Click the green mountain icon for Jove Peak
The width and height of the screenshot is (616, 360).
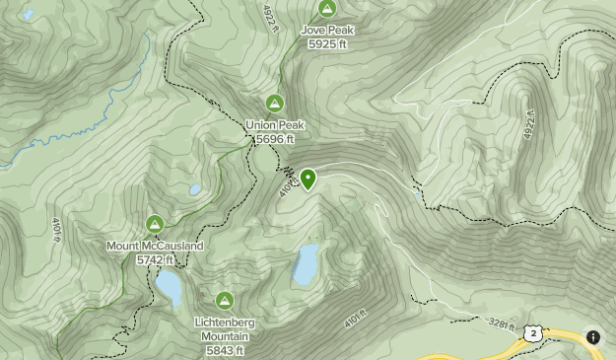click(326, 9)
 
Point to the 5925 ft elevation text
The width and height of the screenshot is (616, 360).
click(327, 44)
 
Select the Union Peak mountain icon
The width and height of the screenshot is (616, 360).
click(274, 104)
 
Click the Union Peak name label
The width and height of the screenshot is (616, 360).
click(275, 125)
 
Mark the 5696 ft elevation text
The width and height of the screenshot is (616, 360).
click(275, 139)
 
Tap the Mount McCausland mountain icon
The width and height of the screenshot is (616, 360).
click(154, 224)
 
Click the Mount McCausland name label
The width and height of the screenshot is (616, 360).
click(155, 246)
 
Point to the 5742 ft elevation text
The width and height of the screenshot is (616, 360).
click(155, 259)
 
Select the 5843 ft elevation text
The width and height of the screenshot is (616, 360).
click(225, 349)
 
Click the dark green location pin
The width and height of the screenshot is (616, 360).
click(308, 179)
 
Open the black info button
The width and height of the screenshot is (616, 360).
click(593, 336)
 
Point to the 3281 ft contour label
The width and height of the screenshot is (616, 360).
click(501, 324)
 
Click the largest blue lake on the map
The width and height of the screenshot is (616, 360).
click(307, 263)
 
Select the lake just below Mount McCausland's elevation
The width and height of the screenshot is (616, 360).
click(169, 286)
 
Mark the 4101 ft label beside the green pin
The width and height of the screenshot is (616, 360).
click(287, 184)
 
